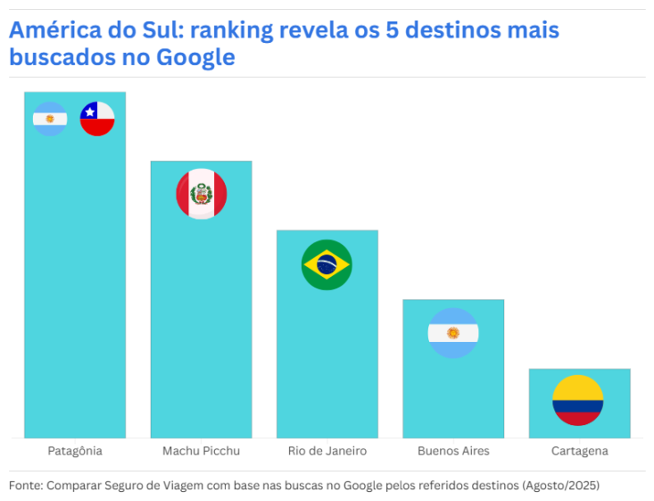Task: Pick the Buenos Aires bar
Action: point(453,393)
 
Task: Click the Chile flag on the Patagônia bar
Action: point(97,119)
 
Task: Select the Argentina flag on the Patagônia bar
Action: point(50,119)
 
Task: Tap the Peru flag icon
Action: point(201,194)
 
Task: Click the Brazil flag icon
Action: point(327,265)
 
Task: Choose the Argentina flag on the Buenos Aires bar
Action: point(453,333)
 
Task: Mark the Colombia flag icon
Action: point(577,400)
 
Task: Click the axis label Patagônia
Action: point(75,451)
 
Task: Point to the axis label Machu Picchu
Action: point(201,451)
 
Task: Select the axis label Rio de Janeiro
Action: point(327,451)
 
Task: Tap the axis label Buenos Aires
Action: point(453,451)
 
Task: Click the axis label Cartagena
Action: point(579,451)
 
